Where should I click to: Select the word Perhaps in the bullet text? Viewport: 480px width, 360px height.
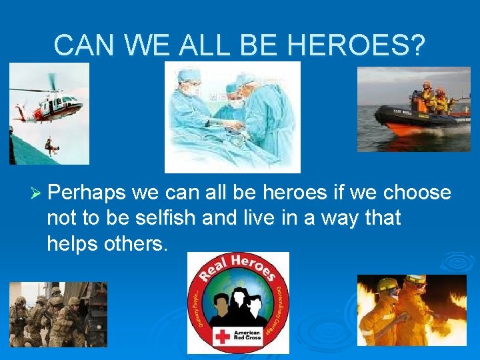[x=87, y=193]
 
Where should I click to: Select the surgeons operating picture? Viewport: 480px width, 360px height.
[x=232, y=117]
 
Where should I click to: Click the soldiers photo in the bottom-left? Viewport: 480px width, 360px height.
[x=58, y=315]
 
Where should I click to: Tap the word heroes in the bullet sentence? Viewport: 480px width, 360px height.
[x=291, y=193]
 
